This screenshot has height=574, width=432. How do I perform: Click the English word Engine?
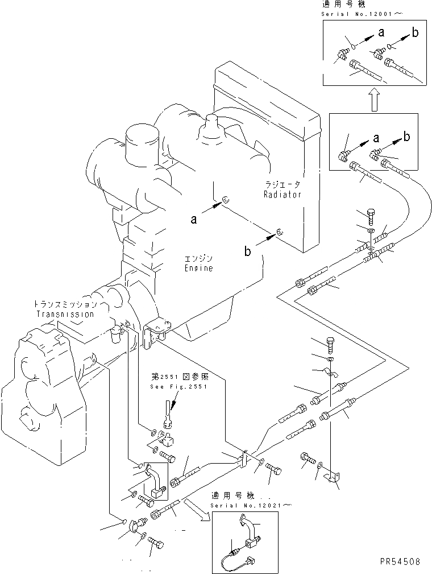click(x=198, y=268)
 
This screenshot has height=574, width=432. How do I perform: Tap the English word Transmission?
click(x=64, y=313)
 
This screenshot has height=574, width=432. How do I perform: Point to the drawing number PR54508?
click(x=400, y=561)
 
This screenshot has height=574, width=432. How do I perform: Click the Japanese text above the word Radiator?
click(x=282, y=184)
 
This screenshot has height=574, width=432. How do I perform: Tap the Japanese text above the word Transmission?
click(x=64, y=304)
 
